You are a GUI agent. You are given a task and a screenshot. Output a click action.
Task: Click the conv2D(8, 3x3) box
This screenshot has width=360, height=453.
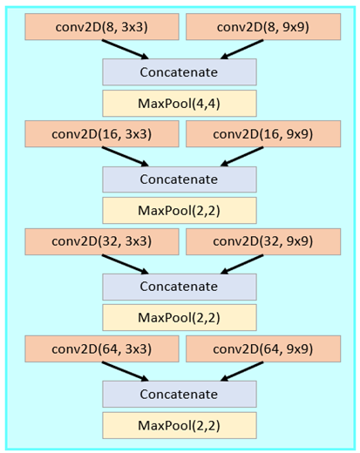[102, 27]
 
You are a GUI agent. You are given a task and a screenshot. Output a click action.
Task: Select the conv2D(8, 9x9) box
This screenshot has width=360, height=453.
[263, 27]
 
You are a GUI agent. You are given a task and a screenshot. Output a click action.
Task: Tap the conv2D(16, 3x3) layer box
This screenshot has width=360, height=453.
[102, 134]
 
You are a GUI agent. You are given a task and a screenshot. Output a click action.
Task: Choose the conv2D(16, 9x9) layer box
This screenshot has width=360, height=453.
[263, 134]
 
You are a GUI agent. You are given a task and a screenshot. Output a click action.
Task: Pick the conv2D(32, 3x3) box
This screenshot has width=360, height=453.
[102, 241]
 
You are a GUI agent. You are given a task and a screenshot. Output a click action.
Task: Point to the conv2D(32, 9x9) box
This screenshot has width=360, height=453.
[263, 241]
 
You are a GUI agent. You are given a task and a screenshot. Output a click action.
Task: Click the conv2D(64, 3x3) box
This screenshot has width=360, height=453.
[102, 348]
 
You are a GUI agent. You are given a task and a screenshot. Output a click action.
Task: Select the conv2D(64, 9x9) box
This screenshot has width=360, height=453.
[263, 348]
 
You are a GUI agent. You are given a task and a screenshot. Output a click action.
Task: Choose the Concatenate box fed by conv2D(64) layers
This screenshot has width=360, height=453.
[180, 394]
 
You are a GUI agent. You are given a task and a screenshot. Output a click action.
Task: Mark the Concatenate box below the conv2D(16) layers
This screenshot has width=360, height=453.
[180, 179]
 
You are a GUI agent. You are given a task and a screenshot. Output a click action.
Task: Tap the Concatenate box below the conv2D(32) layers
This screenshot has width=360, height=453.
[180, 287]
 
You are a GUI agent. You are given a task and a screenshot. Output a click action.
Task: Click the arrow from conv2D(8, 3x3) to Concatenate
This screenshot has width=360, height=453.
[126, 50]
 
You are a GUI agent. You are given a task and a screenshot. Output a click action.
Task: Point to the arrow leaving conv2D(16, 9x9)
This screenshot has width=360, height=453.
[241, 157]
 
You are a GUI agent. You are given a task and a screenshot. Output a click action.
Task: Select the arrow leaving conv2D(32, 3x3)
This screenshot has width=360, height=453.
[126, 264]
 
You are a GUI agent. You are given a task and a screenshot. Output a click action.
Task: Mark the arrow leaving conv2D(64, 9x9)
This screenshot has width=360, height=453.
[241, 371]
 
